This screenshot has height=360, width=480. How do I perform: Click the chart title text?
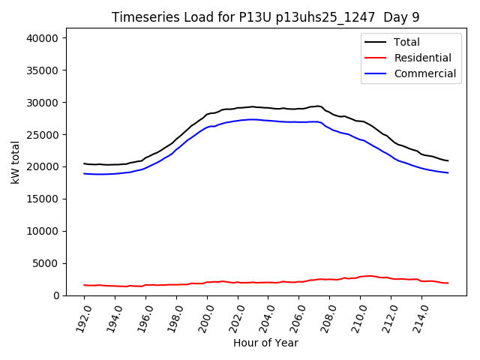[x=266, y=17]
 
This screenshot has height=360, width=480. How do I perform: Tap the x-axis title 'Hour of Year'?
[x=265, y=343]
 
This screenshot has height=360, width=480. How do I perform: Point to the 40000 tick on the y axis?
[x=46, y=38]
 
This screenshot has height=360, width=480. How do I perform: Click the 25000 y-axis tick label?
[x=46, y=134]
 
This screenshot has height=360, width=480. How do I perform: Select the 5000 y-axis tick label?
[x=49, y=263]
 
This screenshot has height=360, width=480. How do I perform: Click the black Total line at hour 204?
[x=268, y=108]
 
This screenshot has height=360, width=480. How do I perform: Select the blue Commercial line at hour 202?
[x=238, y=121]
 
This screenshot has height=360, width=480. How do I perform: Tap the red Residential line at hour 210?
[x=360, y=277]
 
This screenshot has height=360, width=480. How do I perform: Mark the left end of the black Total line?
[x=85, y=163]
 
